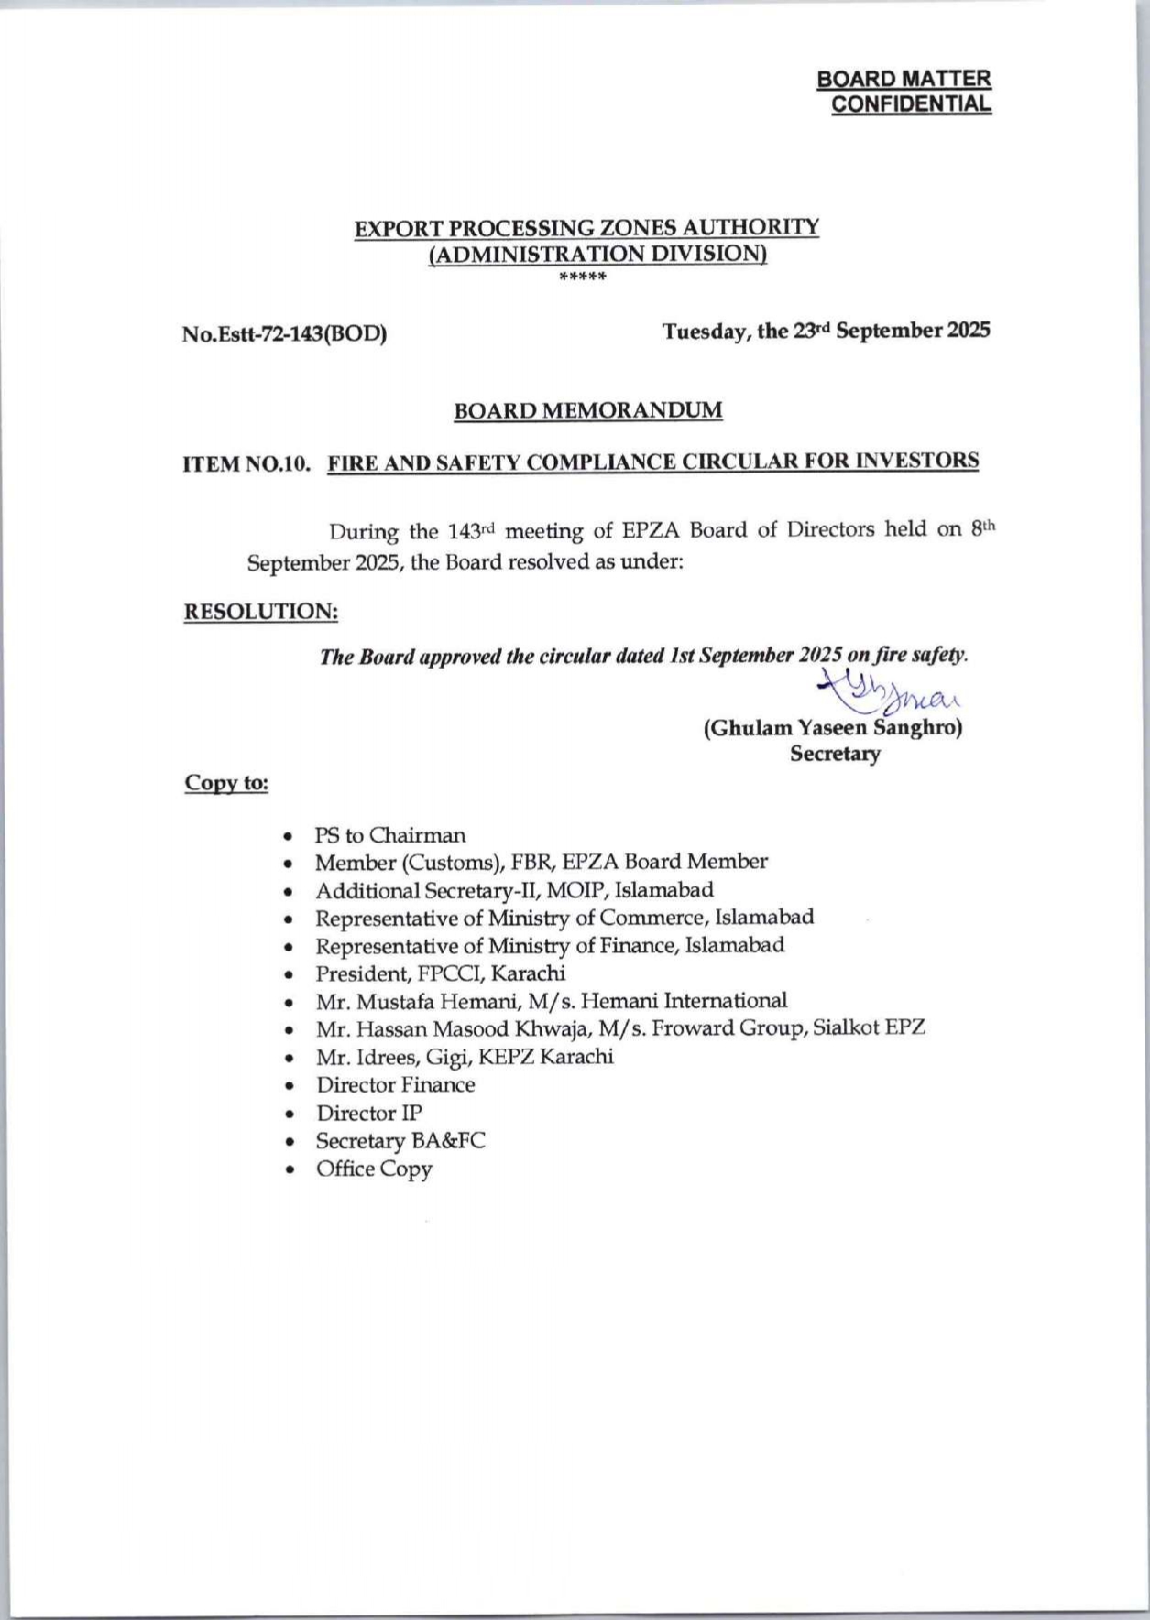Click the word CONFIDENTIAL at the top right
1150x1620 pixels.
(x=910, y=104)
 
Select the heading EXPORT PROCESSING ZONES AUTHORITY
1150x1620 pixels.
(x=586, y=227)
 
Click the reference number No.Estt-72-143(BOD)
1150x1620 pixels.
(x=284, y=334)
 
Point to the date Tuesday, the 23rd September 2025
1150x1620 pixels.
(x=826, y=331)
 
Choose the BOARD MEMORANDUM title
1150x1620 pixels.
(x=587, y=410)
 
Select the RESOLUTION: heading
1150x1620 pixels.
(x=261, y=612)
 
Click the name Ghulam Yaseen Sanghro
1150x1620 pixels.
(x=833, y=728)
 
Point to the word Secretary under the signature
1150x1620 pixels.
(x=835, y=755)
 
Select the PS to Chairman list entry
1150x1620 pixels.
(x=390, y=835)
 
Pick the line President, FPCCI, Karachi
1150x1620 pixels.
(x=440, y=973)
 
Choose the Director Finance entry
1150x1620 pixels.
(x=396, y=1085)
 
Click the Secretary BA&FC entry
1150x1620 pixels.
(x=400, y=1141)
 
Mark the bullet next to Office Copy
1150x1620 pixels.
(x=290, y=1170)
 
